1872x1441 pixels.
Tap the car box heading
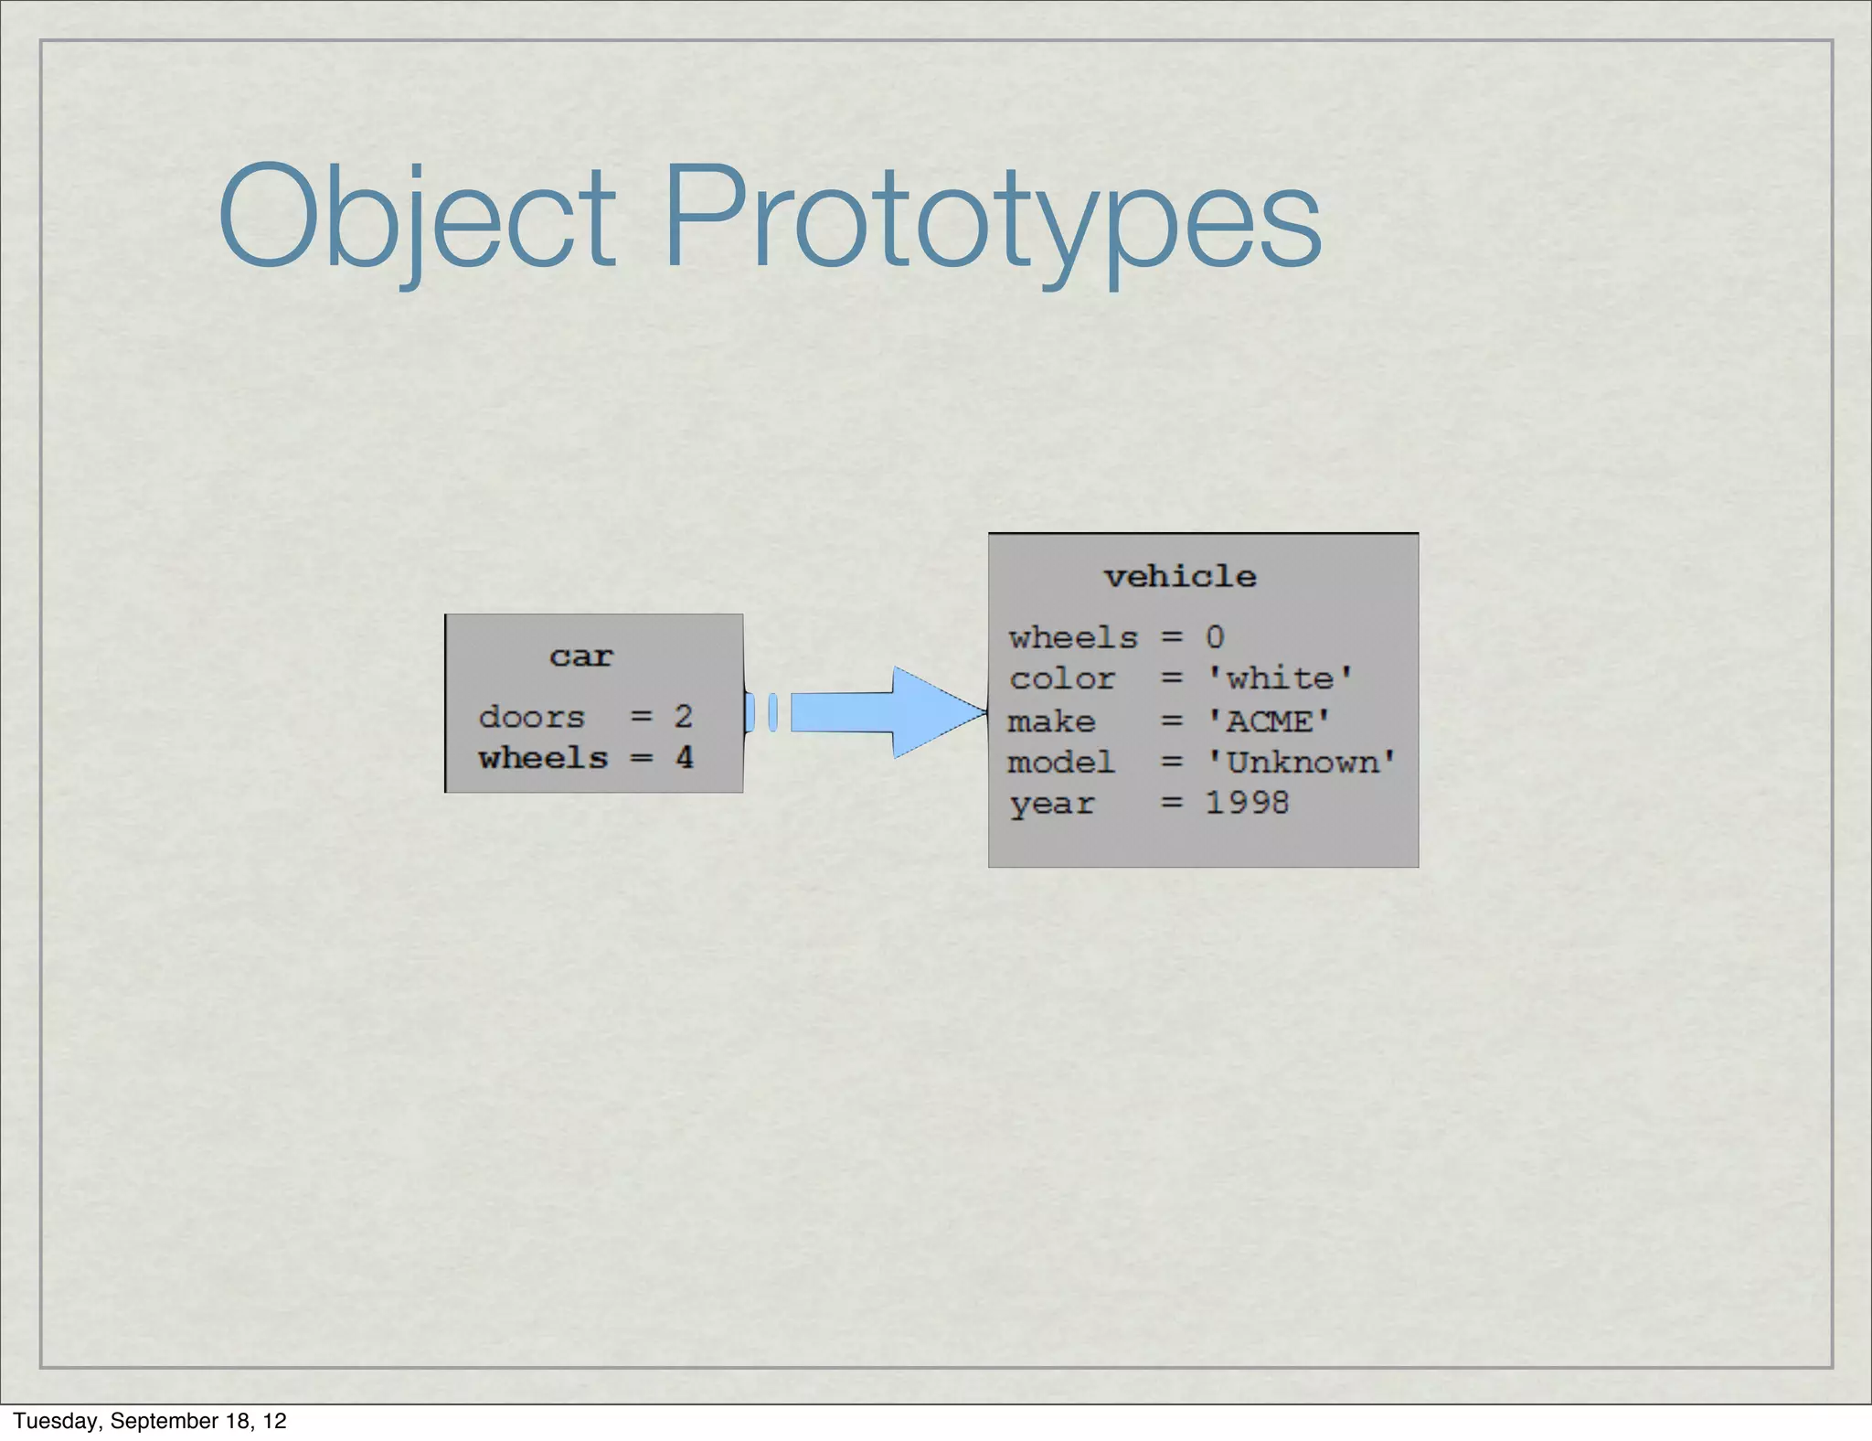pos(581,656)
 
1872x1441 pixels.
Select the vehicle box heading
pos(1180,577)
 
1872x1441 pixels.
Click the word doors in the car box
pos(532,717)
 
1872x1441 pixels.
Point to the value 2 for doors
pos(683,716)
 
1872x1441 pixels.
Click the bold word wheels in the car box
pos(543,758)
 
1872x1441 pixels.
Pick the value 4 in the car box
pos(684,757)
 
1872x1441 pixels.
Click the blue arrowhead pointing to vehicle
pos(937,712)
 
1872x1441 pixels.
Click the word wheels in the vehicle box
pos(1073,637)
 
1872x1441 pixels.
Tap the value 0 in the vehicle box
pos(1215,636)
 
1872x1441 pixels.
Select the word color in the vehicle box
pos(1062,678)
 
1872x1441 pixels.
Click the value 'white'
pos(1280,678)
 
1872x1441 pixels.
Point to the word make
pos(1051,721)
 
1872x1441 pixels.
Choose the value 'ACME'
pos(1269,721)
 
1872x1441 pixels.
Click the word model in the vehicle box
pos(1061,763)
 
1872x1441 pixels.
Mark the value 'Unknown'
pos(1302,763)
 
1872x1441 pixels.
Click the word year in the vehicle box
pos(1051,804)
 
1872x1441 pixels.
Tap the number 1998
pos(1247,803)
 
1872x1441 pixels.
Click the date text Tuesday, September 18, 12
pos(150,1421)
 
